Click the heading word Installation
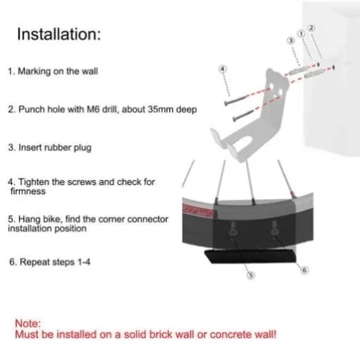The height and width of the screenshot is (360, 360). [x=57, y=34]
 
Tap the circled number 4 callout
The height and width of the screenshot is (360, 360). [x=222, y=69]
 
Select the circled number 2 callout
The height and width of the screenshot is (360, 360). [x=311, y=28]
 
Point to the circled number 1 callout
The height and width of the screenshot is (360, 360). [x=301, y=34]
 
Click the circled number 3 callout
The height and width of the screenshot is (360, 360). [x=291, y=41]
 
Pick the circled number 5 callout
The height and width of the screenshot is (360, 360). [x=251, y=275]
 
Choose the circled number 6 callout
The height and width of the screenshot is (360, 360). [x=304, y=270]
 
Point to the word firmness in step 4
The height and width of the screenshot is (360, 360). [x=28, y=191]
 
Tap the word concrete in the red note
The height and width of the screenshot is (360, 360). [x=230, y=335]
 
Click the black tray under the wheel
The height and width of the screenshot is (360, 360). [x=250, y=256]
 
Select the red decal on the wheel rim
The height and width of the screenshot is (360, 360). [x=199, y=210]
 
